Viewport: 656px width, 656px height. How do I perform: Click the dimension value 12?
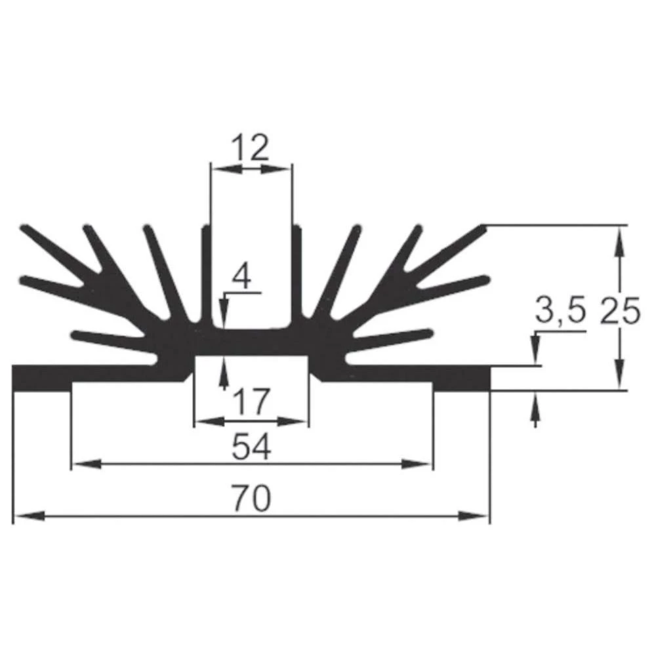250,149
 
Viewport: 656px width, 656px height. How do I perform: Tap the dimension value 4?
242,278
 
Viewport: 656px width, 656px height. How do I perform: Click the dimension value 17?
250,401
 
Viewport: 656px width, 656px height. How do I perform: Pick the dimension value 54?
251,448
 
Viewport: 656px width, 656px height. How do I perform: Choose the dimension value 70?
251,500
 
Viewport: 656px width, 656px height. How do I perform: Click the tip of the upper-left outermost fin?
26,228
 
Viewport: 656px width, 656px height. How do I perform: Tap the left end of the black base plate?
16,378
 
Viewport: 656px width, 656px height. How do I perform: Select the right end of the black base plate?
487,378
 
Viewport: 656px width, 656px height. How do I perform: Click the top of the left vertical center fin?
205,230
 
